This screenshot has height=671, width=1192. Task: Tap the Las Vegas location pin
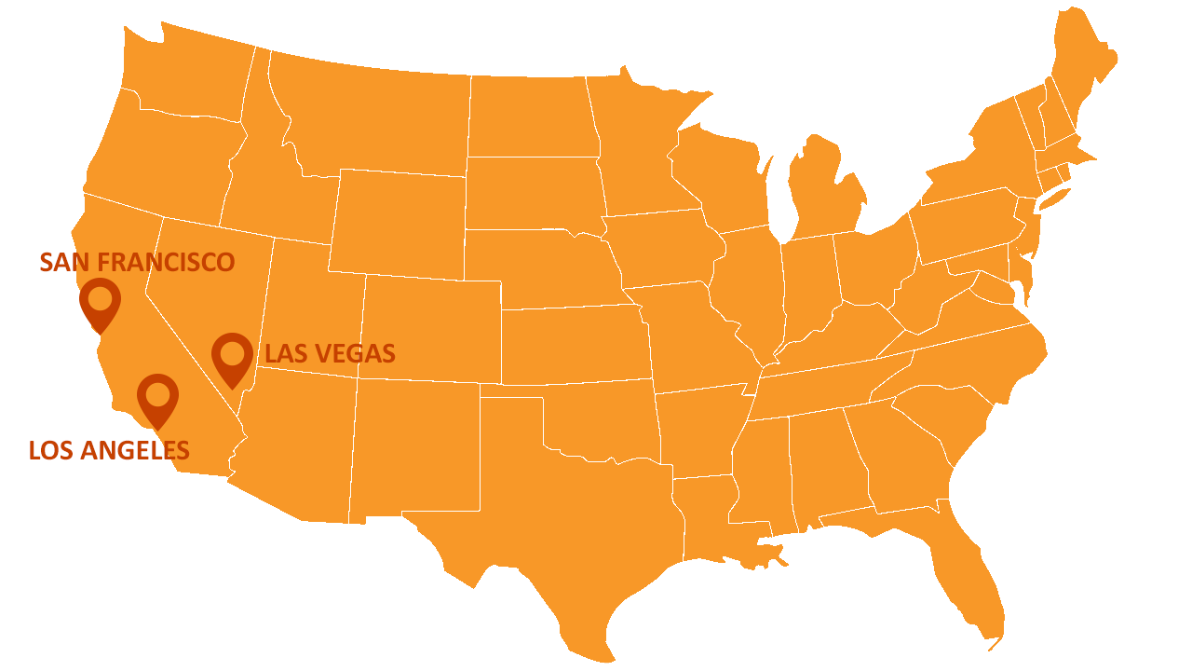tap(232, 357)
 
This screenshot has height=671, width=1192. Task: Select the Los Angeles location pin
tap(157, 398)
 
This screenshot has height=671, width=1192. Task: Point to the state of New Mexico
tap(414, 447)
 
